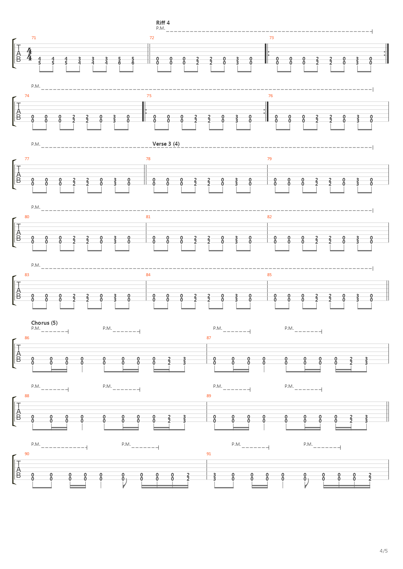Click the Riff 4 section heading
coord(163,22)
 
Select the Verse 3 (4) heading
coord(166,144)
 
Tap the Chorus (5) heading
coord(44,323)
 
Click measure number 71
coord(34,38)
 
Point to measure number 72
coord(152,38)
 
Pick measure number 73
coord(272,38)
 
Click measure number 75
coord(149,96)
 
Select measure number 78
coord(148,159)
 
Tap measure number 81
coord(148,217)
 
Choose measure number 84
coord(148,275)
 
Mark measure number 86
coord(27,338)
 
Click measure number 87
coord(209,338)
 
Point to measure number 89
coord(209,396)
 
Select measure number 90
coord(27,454)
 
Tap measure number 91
coord(209,454)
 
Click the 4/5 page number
coord(383,551)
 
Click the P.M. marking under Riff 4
coord(160,28)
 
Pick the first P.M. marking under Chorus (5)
coord(36,328)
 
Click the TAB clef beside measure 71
coord(19,54)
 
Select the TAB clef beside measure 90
coord(19,469)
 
